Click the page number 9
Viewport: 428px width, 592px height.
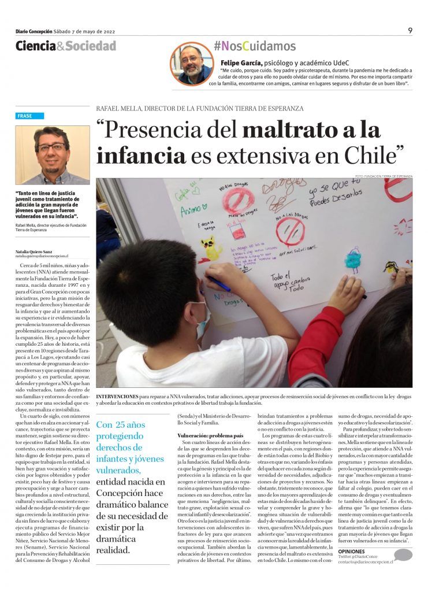[410, 31]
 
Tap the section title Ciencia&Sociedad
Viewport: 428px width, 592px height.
[65, 46]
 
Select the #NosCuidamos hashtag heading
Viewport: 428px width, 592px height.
[254, 46]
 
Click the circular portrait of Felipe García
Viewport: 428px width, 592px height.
[191, 64]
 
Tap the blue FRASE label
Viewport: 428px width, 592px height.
[25, 116]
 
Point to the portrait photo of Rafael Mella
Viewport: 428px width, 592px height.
[52, 155]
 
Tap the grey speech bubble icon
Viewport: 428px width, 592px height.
[403, 555]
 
